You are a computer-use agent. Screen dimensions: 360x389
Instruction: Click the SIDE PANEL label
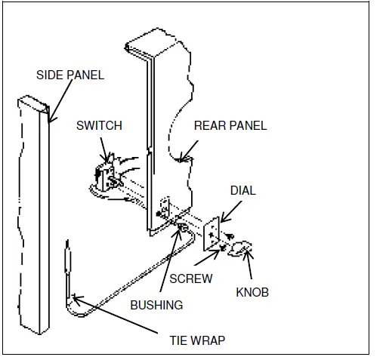[x=70, y=75]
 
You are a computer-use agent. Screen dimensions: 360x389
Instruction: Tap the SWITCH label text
[x=99, y=125]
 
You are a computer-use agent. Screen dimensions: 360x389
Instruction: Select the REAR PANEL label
[x=230, y=125]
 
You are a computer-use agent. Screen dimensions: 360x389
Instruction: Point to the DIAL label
[x=242, y=191]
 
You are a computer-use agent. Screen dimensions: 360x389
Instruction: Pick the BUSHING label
[x=156, y=306]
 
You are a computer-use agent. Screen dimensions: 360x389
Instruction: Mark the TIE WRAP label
[x=196, y=340]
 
